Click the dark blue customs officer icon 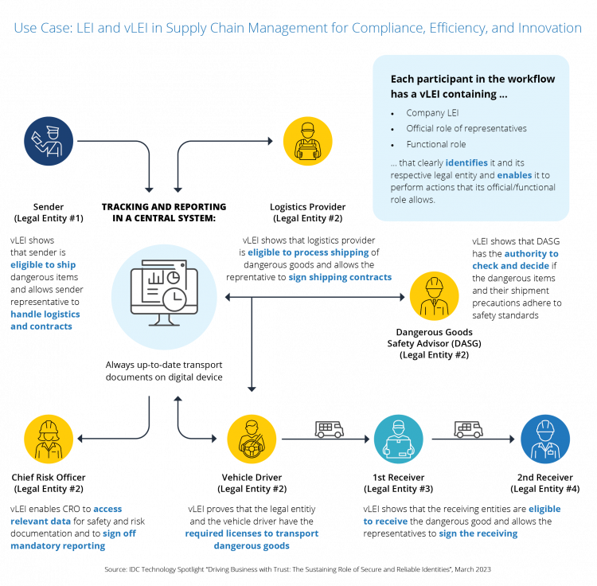pyautogui.click(x=49, y=141)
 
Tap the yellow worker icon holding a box pyautogui.click(x=307, y=141)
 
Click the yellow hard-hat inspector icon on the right pyautogui.click(x=434, y=296)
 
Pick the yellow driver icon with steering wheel pyautogui.click(x=252, y=439)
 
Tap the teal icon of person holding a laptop pyautogui.click(x=398, y=439)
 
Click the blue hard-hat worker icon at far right pyautogui.click(x=545, y=439)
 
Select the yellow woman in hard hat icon pyautogui.click(x=49, y=439)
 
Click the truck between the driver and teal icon pyautogui.click(x=330, y=429)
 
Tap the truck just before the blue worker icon pyautogui.click(x=469, y=429)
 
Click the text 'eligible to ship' pyautogui.click(x=43, y=264)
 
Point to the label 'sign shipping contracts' pyautogui.click(x=340, y=277)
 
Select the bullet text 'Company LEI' pyautogui.click(x=432, y=113)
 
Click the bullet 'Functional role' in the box pyautogui.click(x=435, y=144)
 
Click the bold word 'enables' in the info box pyautogui.click(x=514, y=174)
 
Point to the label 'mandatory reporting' pyautogui.click(x=57, y=546)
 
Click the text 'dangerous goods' pyautogui.click(x=252, y=546)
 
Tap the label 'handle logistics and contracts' pyautogui.click(x=45, y=320)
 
